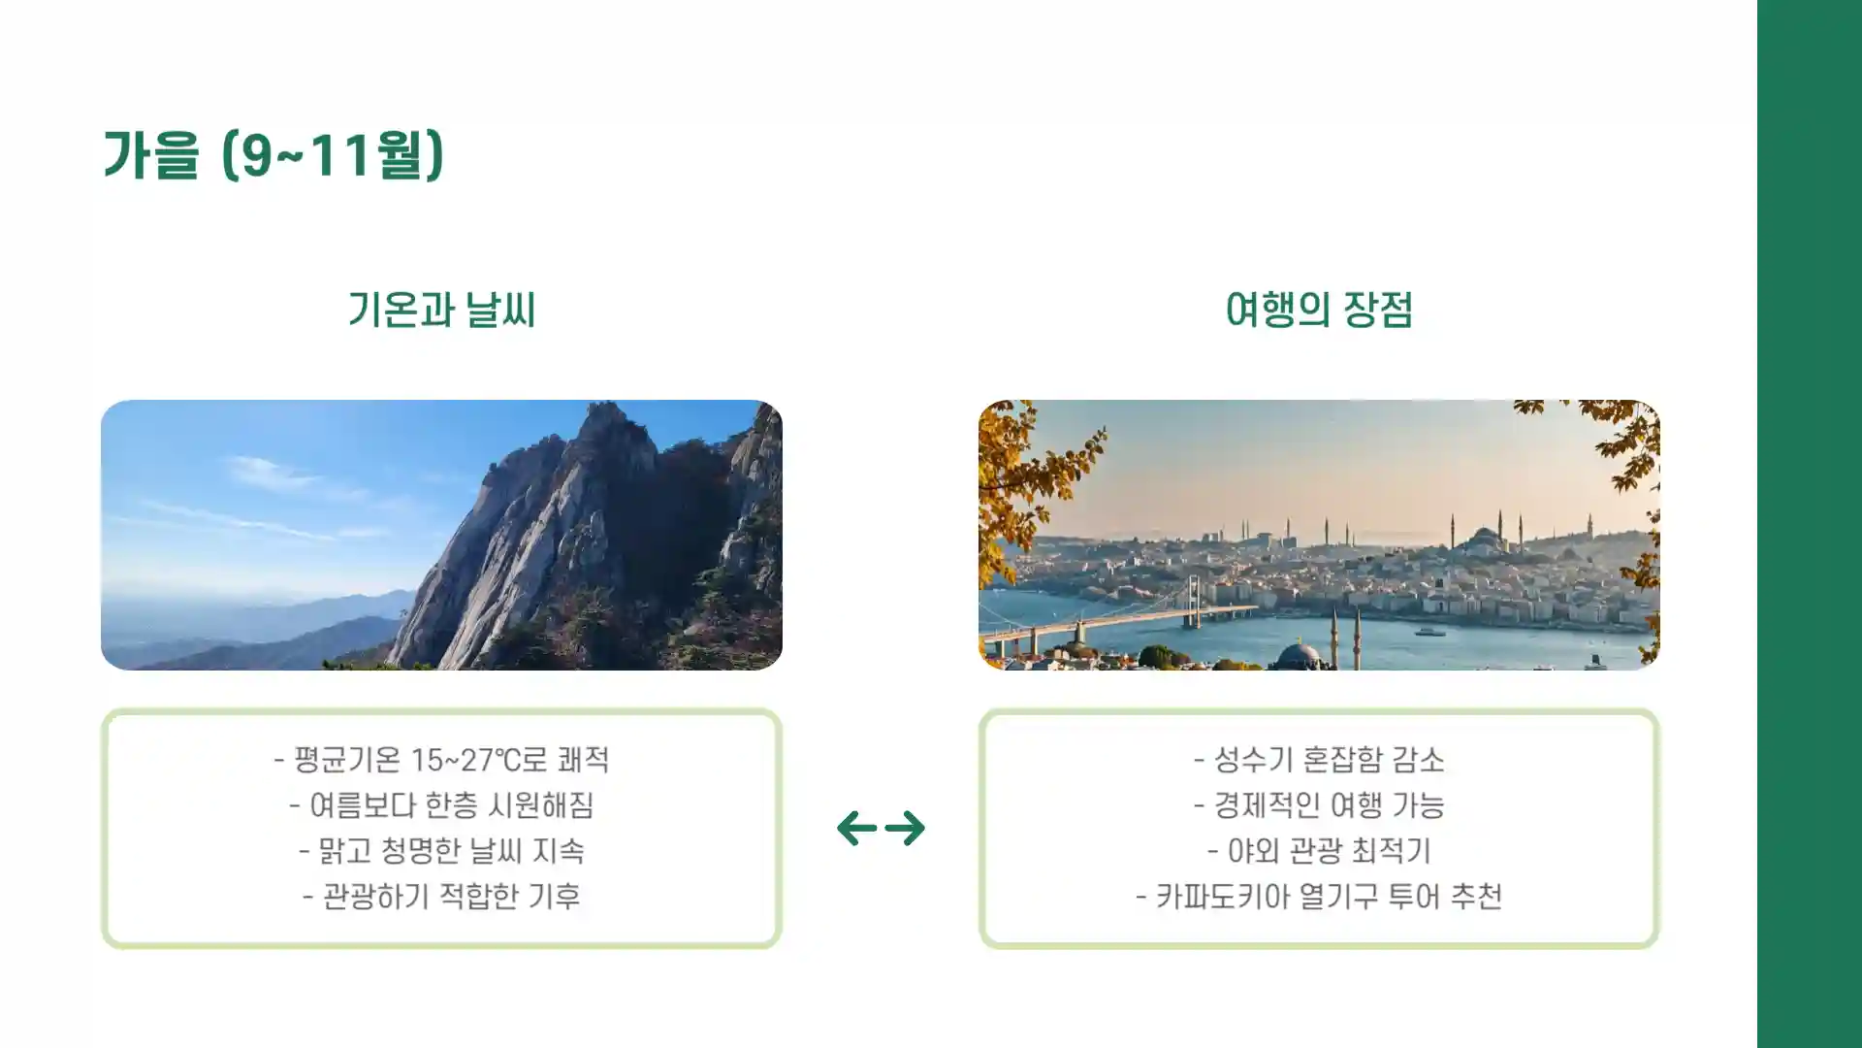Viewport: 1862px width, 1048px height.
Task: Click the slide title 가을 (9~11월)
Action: pyautogui.click(x=273, y=155)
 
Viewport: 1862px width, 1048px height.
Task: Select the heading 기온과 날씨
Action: pyautogui.click(x=441, y=311)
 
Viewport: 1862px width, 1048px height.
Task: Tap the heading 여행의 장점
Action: pyautogui.click(x=1319, y=311)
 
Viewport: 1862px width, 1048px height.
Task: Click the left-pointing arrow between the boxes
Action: pyautogui.click(x=856, y=828)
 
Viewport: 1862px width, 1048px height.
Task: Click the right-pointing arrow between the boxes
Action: pyautogui.click(x=906, y=828)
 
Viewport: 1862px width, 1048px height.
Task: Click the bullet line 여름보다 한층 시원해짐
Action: pyautogui.click(x=441, y=805)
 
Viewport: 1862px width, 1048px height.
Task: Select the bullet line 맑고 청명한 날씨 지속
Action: pyautogui.click(x=441, y=851)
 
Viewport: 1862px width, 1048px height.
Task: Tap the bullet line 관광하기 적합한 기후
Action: pyautogui.click(x=441, y=896)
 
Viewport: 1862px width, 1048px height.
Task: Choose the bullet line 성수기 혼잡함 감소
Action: pyautogui.click(x=1319, y=760)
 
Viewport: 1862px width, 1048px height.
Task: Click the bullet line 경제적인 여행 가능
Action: pyautogui.click(x=1319, y=805)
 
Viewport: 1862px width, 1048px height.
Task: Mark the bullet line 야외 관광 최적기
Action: pyautogui.click(x=1319, y=851)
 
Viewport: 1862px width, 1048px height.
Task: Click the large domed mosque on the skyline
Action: pyautogui.click(x=1486, y=540)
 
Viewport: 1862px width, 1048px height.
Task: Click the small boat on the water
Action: pyautogui.click(x=1429, y=632)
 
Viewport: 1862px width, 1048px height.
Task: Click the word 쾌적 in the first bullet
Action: pyautogui.click(x=583, y=760)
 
